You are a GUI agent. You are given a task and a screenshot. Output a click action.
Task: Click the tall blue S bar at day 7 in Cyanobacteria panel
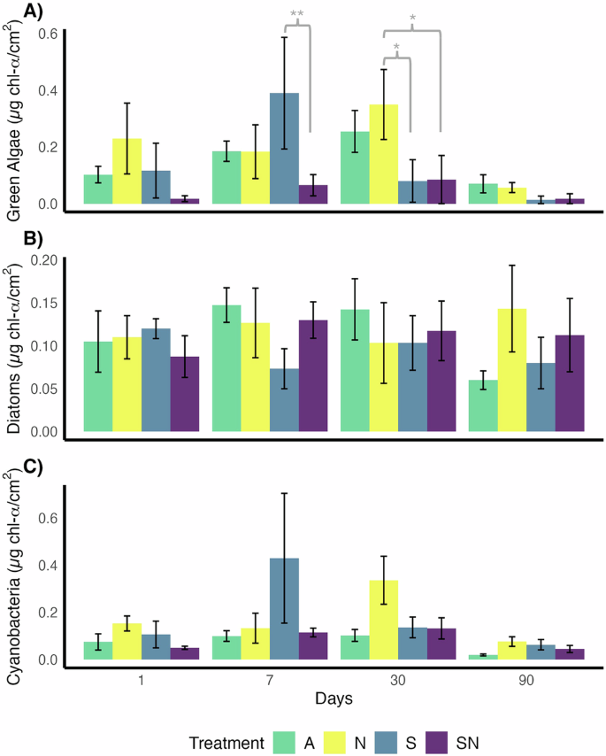pyautogui.click(x=284, y=612)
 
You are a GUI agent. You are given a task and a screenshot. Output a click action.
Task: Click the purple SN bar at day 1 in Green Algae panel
pyautogui.click(x=184, y=201)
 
